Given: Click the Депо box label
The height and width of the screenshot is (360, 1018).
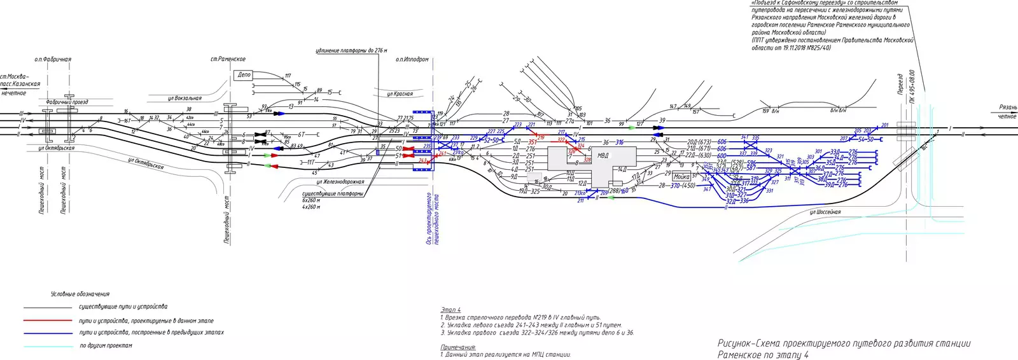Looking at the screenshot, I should [244, 75].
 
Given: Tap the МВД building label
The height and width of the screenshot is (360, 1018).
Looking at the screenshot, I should [603, 155].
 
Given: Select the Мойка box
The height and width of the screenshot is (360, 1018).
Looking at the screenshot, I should [681, 177].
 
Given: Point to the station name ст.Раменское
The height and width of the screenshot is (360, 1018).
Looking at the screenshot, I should [228, 59].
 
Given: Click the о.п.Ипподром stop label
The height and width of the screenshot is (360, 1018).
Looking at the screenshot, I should [412, 59].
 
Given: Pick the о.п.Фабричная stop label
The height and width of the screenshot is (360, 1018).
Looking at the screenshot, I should [53, 59].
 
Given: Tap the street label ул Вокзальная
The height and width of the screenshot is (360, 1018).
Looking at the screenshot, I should [185, 99].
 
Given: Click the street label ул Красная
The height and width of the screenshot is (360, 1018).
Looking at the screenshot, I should [400, 94].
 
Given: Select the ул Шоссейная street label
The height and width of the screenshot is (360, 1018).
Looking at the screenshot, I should [825, 212].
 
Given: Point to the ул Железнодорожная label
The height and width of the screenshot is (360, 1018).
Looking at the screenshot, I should [340, 183].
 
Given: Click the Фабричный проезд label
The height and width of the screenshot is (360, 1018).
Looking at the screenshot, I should [67, 102].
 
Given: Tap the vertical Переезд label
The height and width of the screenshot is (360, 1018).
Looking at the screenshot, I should [900, 85].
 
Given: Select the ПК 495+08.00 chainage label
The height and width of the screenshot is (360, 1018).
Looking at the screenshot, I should [912, 87].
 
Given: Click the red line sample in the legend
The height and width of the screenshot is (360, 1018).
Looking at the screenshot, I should [48, 321].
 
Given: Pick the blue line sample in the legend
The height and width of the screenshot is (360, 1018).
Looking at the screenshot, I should [48, 333].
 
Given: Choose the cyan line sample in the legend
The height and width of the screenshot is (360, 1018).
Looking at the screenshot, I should [48, 346].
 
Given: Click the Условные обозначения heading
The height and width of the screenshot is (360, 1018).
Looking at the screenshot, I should [80, 294].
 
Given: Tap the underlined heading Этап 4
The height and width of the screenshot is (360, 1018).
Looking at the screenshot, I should [450, 310].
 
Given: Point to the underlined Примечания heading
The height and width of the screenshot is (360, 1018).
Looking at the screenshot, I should [458, 347].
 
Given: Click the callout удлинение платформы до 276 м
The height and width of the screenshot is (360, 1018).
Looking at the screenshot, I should [351, 50].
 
